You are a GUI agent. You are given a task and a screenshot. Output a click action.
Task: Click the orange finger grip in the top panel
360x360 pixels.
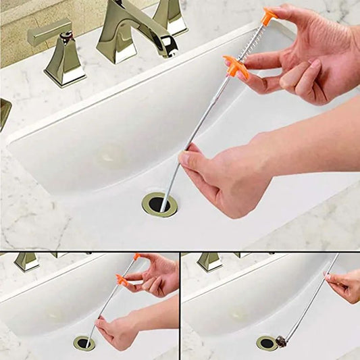[236, 67]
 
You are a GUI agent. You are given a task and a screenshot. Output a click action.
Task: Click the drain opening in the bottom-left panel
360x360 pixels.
[84, 343]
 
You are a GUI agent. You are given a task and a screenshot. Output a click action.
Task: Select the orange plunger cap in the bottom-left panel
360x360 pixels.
[137, 257]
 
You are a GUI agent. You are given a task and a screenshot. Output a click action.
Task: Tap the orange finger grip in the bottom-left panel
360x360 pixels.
[122, 279]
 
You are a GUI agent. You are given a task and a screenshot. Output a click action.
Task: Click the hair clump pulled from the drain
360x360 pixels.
[281, 342]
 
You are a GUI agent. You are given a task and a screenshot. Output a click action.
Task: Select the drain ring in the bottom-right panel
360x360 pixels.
[265, 343]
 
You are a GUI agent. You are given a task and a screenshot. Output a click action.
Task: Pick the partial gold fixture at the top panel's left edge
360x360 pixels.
[4, 112]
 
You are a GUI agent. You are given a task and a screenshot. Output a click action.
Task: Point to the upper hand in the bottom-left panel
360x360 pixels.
[157, 274]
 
